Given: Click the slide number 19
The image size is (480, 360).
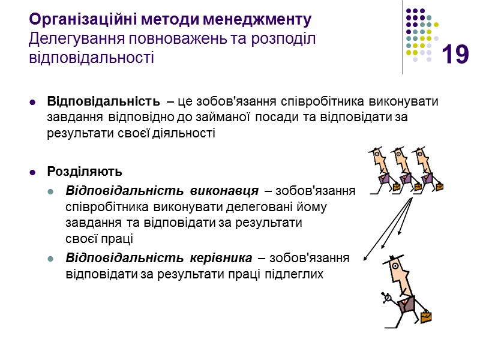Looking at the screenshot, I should (455, 55).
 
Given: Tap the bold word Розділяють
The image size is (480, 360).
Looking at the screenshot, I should (76, 171).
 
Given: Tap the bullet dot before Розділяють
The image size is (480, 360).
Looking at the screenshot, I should (33, 172).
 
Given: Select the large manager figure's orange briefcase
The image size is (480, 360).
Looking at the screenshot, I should (425, 316).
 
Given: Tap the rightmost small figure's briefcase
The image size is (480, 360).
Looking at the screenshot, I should (440, 187).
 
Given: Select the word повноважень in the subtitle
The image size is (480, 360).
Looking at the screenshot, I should (162, 39).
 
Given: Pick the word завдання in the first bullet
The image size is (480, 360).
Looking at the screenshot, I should (69, 116).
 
